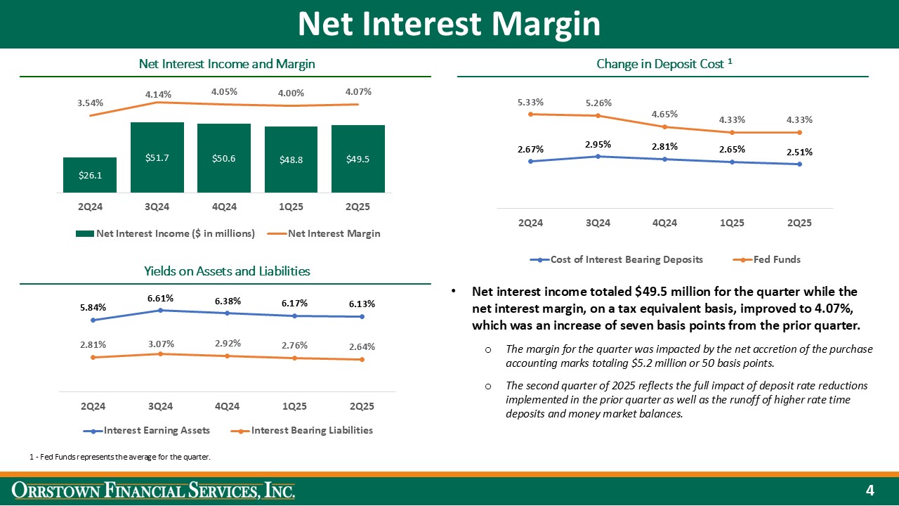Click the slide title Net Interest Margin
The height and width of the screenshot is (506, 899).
[x=449, y=24]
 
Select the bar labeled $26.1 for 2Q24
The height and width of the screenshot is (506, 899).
[x=90, y=175]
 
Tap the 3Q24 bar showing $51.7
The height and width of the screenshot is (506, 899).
[x=157, y=158]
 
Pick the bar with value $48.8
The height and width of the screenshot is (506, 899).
[x=291, y=160]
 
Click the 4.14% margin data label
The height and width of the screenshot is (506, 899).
[x=159, y=93]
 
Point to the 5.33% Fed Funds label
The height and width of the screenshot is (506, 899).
[x=530, y=103]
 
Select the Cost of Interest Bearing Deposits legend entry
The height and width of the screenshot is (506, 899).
[x=617, y=259]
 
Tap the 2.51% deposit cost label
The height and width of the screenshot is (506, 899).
[x=799, y=151]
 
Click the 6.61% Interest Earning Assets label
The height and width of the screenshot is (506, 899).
[x=161, y=299]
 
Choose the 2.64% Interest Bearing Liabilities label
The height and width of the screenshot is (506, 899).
[x=362, y=346]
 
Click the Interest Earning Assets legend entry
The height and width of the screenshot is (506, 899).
[x=155, y=430]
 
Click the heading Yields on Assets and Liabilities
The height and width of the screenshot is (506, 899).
[x=227, y=271]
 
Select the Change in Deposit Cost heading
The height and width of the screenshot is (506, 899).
[x=664, y=64]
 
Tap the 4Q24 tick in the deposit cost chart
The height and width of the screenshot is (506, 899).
[x=664, y=223]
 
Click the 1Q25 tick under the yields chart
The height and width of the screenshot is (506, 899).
[x=294, y=406]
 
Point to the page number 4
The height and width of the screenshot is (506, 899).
[x=870, y=490]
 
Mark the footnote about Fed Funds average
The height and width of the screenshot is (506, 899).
[x=120, y=458]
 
